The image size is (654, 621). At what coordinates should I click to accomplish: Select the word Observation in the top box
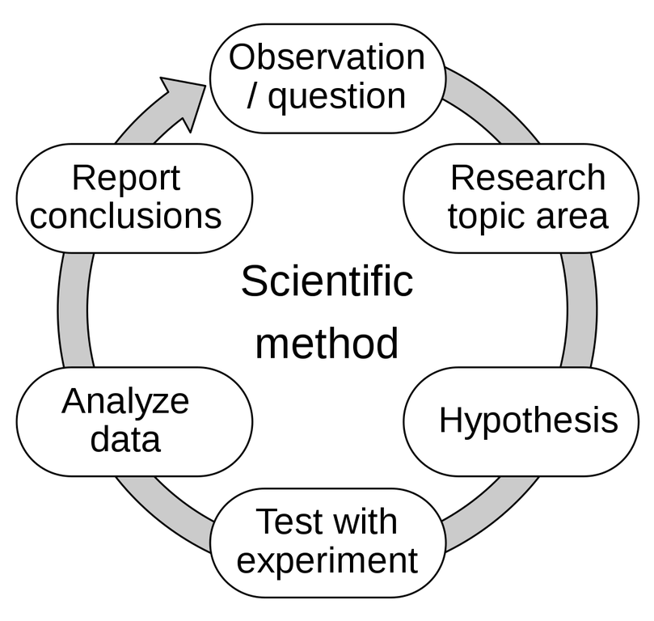pyautogui.click(x=327, y=57)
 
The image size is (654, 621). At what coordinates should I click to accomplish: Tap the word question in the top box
pyautogui.click(x=336, y=96)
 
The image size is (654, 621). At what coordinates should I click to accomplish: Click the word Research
pyautogui.click(x=527, y=178)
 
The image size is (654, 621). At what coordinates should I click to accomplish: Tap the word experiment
pyautogui.click(x=327, y=560)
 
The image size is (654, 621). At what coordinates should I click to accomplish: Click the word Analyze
pyautogui.click(x=125, y=401)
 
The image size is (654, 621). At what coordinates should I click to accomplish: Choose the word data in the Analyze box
pyautogui.click(x=125, y=440)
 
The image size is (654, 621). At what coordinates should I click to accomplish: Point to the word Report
pyautogui.click(x=125, y=178)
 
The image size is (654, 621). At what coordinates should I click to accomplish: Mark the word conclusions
pyautogui.click(x=125, y=217)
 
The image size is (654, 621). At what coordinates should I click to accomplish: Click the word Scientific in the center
pyautogui.click(x=327, y=282)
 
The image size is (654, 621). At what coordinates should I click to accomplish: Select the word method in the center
pyautogui.click(x=327, y=344)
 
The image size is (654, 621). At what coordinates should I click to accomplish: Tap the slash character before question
pyautogui.click(x=253, y=96)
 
